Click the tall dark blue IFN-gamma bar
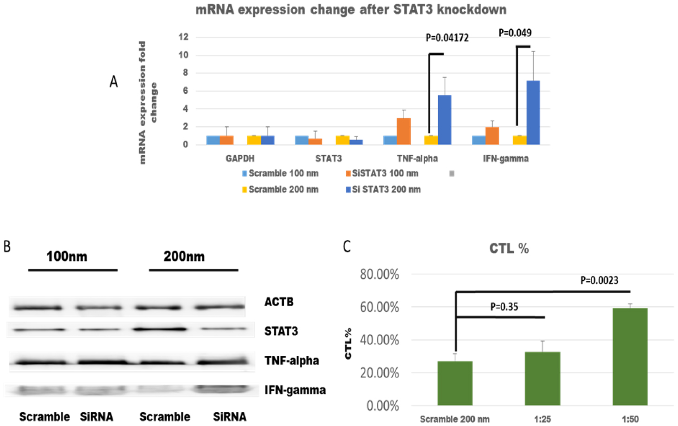pyautogui.click(x=533, y=112)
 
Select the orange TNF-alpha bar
pyautogui.click(x=403, y=131)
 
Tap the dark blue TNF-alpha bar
pyautogui.click(x=445, y=120)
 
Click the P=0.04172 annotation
pyautogui.click(x=447, y=38)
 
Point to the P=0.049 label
pyautogui.click(x=515, y=33)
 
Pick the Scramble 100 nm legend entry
pyautogui.click(x=280, y=174)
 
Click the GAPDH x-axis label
pyautogui.click(x=240, y=159)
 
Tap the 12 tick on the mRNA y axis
pyautogui.click(x=184, y=37)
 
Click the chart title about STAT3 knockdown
pyautogui.click(x=351, y=9)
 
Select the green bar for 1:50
pyautogui.click(x=630, y=356)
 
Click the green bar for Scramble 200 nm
pyautogui.click(x=455, y=383)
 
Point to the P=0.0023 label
pyautogui.click(x=599, y=280)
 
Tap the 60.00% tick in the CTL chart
pyautogui.click(x=379, y=307)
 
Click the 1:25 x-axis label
pyautogui.click(x=542, y=419)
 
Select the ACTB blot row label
pyautogui.click(x=279, y=302)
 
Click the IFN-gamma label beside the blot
pyautogui.click(x=295, y=390)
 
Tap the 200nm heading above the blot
pyautogui.click(x=184, y=256)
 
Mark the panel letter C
pyautogui.click(x=347, y=246)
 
